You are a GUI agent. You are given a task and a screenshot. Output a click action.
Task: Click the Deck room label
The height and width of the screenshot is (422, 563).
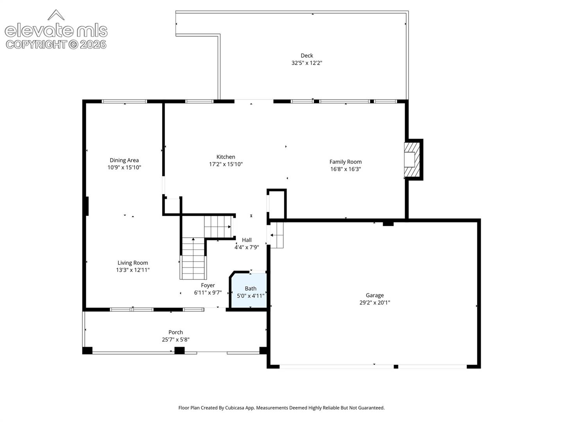click(307, 55)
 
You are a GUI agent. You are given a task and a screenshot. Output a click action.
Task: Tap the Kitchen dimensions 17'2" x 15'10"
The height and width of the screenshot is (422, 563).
click(226, 164)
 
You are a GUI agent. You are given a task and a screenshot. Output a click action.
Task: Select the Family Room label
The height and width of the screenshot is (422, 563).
click(346, 162)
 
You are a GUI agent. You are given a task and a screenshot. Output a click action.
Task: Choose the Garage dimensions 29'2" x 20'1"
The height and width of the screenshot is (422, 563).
click(375, 302)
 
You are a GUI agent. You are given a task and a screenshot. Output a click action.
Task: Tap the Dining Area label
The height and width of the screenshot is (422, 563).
click(124, 160)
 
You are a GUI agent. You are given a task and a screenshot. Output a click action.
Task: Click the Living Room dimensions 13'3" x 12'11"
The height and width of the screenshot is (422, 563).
click(133, 270)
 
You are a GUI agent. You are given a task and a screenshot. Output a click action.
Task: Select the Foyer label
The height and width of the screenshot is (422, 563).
click(208, 285)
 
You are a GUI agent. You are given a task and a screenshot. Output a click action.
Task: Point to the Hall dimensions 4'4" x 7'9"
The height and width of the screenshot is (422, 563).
click(246, 247)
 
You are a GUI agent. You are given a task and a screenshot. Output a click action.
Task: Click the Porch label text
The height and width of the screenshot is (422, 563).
click(176, 332)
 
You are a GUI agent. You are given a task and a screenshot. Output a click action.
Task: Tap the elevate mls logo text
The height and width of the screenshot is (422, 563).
click(56, 30)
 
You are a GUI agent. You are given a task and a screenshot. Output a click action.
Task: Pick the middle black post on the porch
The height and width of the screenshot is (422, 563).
click(179, 350)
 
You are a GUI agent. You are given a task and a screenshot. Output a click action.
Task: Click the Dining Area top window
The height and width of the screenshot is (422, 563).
click(124, 101)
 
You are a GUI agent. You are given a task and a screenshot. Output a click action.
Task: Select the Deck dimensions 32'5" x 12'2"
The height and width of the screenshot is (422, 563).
click(307, 63)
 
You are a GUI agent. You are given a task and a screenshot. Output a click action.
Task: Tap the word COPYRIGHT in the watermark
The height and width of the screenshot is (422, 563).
click(36, 45)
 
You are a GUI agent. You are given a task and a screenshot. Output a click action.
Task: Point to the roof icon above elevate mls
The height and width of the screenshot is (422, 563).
click(56, 14)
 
